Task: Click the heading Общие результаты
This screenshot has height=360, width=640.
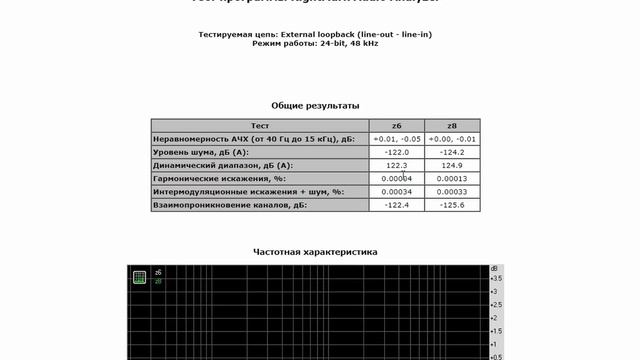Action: pyautogui.click(x=315, y=105)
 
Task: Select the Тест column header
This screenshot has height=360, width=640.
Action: pyautogui.click(x=259, y=126)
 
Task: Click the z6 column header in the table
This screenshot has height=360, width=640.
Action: pyautogui.click(x=397, y=126)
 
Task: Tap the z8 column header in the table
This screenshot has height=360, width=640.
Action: pyautogui.click(x=452, y=126)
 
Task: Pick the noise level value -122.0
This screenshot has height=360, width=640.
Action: pyautogui.click(x=397, y=152)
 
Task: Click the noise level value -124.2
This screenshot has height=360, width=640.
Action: pyautogui.click(x=452, y=152)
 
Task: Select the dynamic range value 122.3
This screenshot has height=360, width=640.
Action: pyautogui.click(x=397, y=165)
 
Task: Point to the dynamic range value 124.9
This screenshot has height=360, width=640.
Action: pyautogui.click(x=452, y=165)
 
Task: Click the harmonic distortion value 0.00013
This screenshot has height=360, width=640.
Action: pyautogui.click(x=452, y=178)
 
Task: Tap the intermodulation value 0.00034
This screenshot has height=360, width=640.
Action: pyautogui.click(x=397, y=191)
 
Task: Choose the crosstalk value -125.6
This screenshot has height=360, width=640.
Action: pyautogui.click(x=452, y=205)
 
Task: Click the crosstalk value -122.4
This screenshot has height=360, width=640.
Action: pyautogui.click(x=397, y=205)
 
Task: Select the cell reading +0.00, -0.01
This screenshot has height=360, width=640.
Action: pyautogui.click(x=452, y=139)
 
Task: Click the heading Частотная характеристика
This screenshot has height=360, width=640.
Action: pyautogui.click(x=315, y=252)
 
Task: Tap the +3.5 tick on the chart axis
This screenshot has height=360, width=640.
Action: pyautogui.click(x=495, y=279)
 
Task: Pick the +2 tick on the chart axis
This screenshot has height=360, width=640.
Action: pyautogui.click(x=493, y=318)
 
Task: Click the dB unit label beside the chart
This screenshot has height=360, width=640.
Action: pyautogui.click(x=494, y=269)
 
